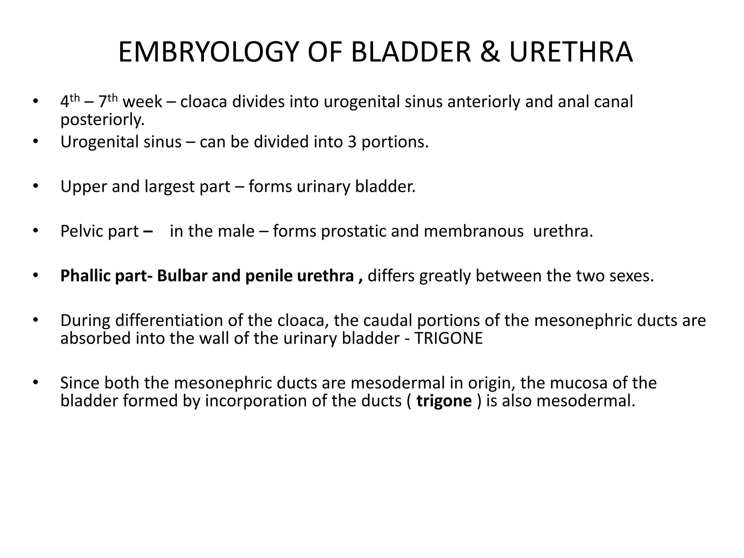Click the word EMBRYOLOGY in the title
(x=209, y=53)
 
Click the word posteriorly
(x=102, y=120)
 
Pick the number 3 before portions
(x=352, y=142)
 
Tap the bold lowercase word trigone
(x=444, y=401)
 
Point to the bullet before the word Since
(x=35, y=383)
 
